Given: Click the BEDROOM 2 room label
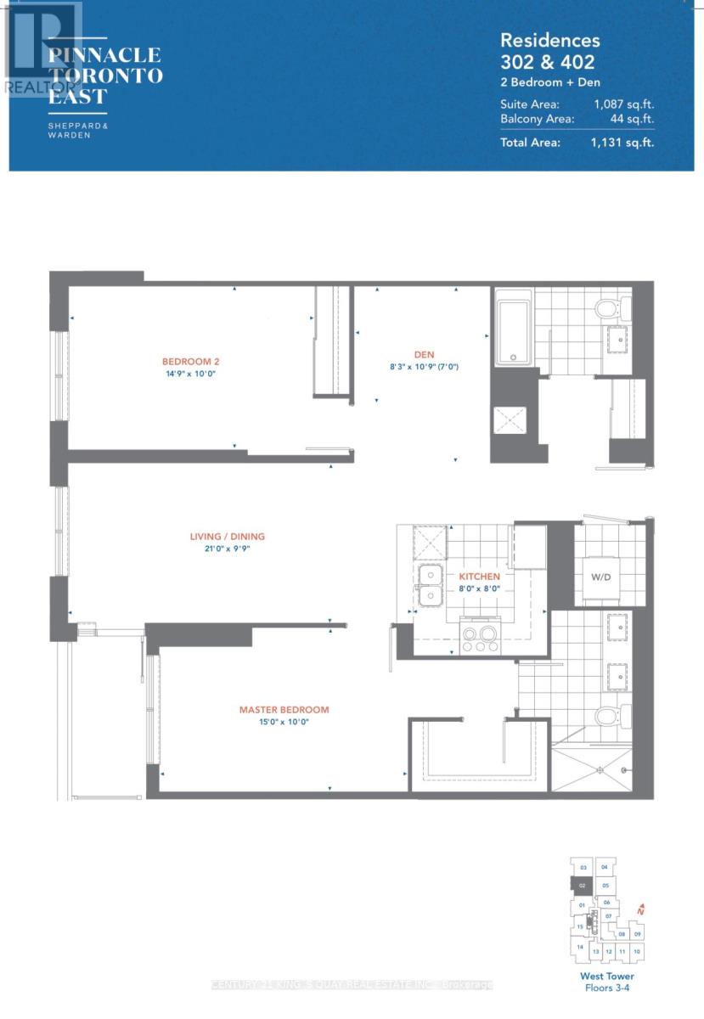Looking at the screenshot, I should point(186,360).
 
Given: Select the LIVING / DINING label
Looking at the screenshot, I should point(227,536).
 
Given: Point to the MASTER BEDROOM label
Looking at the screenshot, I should point(284,710).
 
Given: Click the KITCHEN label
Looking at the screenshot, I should point(480,577).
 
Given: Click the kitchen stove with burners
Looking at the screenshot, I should point(480,637).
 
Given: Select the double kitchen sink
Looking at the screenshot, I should point(430,586).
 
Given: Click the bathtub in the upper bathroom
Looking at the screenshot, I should point(513,328).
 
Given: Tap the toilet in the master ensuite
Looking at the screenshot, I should point(610,716).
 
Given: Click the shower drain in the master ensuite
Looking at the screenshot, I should point(601,770).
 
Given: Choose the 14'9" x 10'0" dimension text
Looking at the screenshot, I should point(185,373).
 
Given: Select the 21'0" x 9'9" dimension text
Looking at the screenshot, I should point(227,549).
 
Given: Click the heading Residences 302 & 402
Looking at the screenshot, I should point(548,51).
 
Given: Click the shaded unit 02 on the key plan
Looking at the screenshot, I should point(582,886).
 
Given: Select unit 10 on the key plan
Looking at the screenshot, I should point(638,952).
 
